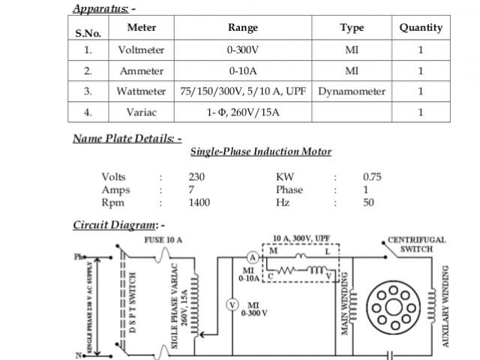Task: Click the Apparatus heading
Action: (103, 8)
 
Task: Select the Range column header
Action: (242, 28)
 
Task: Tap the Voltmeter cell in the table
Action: (141, 50)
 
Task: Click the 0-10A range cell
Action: (242, 71)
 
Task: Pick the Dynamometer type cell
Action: (352, 91)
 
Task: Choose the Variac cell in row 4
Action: (141, 112)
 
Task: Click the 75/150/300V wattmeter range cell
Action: (242, 91)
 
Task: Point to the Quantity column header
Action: (421, 28)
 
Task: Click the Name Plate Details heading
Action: (127, 138)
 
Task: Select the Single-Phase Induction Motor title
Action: (260, 151)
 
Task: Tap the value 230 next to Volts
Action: (197, 177)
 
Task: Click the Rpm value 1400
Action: (199, 202)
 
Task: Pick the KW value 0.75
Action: (372, 177)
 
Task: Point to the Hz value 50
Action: (368, 202)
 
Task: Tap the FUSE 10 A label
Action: (162, 239)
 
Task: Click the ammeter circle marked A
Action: (253, 257)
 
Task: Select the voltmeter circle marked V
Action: (232, 304)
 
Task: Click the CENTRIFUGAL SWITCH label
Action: (416, 244)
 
